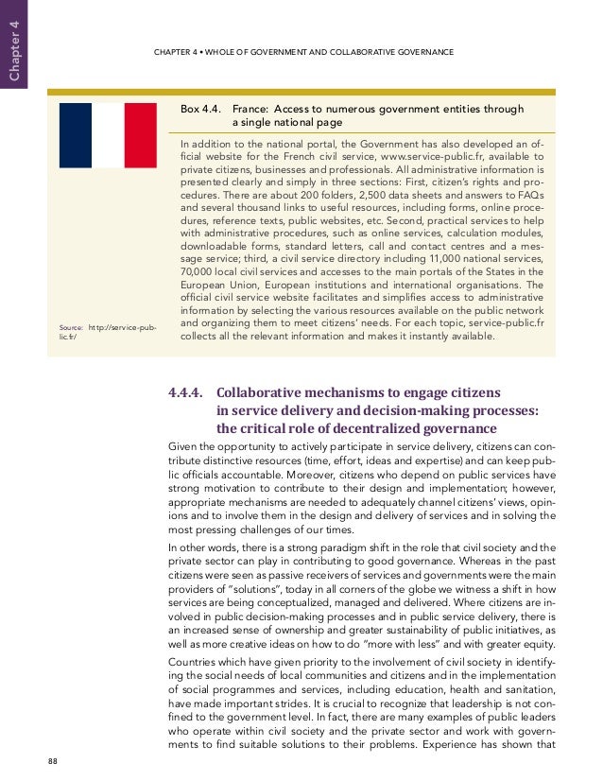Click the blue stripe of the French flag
[76, 135]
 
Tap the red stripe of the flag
[140, 135]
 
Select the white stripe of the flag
[108, 135]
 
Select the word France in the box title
[251, 109]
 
